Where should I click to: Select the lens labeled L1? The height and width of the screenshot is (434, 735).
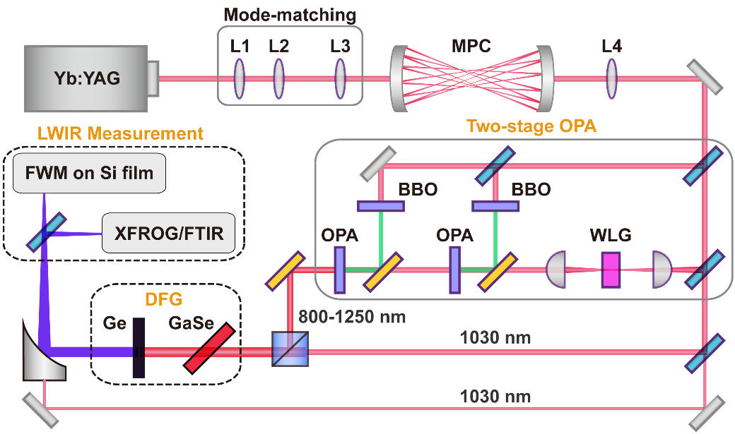[x=240, y=78]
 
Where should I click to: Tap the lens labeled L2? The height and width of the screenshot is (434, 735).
[x=278, y=78]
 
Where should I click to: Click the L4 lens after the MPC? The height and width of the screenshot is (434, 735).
[x=611, y=78]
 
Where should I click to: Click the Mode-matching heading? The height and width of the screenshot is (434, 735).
[x=290, y=14]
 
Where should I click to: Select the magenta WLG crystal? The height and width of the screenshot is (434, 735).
[x=611, y=270]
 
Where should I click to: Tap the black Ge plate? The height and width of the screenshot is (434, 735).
[x=138, y=348]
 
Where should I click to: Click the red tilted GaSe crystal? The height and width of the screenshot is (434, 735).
[x=211, y=347]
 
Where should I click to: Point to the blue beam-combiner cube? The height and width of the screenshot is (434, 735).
[x=290, y=349]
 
